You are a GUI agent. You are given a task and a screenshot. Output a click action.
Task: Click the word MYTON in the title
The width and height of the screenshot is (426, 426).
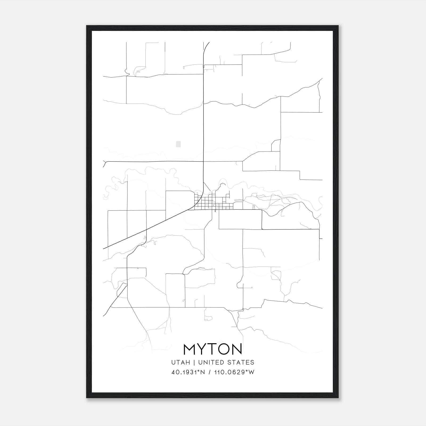click(x=212, y=349)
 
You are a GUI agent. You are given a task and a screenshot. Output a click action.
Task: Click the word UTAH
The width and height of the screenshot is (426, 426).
click(x=181, y=362)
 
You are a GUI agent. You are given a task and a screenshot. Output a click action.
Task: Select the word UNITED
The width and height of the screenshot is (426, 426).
click(x=211, y=362)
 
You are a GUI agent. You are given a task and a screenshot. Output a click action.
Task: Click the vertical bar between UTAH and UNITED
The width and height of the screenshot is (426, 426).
click(x=194, y=362)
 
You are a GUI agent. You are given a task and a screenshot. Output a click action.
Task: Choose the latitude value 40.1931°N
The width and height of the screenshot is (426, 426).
click(x=188, y=372)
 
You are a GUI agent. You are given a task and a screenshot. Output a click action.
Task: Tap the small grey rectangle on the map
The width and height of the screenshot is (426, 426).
click(x=178, y=144)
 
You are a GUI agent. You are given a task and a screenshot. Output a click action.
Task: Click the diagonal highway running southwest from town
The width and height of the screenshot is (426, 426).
click(x=146, y=230)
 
